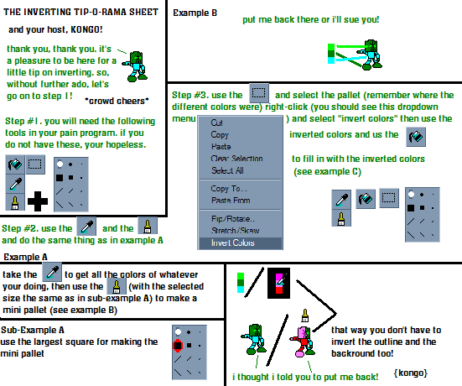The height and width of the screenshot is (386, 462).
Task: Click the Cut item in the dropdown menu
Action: tap(216, 123)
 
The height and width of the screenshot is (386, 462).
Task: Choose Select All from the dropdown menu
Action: tap(227, 170)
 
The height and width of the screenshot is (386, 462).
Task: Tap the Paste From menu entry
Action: tap(231, 201)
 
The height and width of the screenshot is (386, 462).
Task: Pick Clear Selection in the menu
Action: tap(236, 159)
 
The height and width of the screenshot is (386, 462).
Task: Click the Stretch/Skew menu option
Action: tap(235, 230)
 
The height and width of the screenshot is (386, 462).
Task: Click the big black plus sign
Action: tap(38, 201)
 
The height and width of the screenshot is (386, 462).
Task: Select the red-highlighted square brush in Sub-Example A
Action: tap(178, 346)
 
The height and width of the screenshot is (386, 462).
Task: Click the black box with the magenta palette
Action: tap(278, 283)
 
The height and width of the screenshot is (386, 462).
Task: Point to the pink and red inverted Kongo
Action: tap(304, 342)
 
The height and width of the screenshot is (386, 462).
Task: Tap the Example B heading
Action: tap(195, 13)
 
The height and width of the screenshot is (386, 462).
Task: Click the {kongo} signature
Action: tap(411, 373)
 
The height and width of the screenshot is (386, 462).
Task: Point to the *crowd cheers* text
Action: tap(117, 101)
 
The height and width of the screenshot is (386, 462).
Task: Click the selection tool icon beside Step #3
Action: tap(259, 93)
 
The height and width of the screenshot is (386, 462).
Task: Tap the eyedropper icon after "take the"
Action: tap(52, 272)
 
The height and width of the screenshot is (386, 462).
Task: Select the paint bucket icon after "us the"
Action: tap(416, 137)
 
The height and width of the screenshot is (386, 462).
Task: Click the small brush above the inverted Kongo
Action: tap(305, 316)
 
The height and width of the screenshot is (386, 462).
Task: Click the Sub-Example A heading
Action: tap(33, 330)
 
